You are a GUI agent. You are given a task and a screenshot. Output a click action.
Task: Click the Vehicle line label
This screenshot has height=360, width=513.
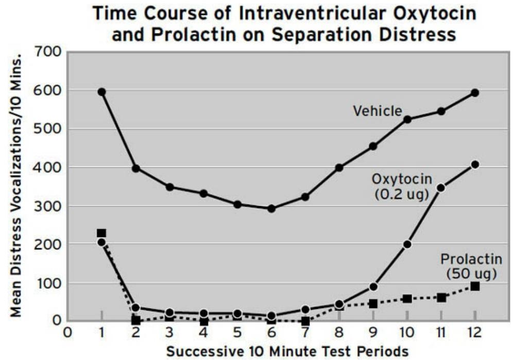pyautogui.click(x=377, y=110)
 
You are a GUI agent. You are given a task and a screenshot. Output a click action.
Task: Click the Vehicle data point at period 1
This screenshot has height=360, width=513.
pyautogui.click(x=101, y=92)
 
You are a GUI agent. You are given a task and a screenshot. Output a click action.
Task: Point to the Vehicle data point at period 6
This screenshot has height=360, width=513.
pyautogui.click(x=271, y=209)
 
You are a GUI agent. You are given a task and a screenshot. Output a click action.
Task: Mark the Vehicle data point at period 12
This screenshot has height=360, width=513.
pyautogui.click(x=474, y=93)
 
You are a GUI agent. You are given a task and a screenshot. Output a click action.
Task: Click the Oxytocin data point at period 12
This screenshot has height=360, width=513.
pyautogui.click(x=474, y=165)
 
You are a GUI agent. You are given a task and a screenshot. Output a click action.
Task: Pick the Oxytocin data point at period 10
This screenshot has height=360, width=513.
pyautogui.click(x=407, y=244)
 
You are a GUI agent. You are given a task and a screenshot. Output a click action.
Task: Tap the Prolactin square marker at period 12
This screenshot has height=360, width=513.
pyautogui.click(x=474, y=286)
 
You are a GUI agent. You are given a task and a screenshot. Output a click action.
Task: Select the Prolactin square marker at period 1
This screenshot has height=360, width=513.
pyautogui.click(x=101, y=233)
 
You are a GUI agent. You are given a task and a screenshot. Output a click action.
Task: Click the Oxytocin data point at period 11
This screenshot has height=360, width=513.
pyautogui.click(x=441, y=188)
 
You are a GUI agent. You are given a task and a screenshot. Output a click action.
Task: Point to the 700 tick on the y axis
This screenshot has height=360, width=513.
pyautogui.click(x=48, y=52)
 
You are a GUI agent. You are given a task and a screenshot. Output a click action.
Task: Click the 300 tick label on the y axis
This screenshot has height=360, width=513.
pyautogui.click(x=48, y=206)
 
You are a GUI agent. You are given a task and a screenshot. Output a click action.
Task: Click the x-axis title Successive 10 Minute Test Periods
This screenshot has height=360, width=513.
pyautogui.click(x=287, y=351)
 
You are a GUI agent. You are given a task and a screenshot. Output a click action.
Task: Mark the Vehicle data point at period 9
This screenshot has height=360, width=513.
pyautogui.click(x=373, y=146)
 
